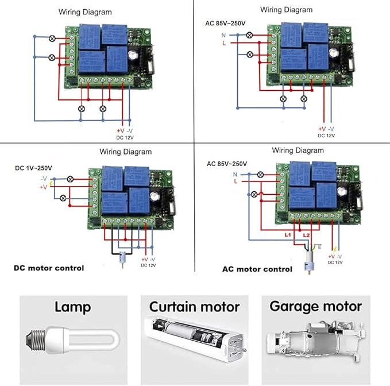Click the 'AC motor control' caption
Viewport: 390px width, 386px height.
coord(257,269)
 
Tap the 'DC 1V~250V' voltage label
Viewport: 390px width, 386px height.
coord(33,168)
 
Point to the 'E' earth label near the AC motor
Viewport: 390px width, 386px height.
coord(312,246)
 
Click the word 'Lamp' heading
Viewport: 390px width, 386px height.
coord(72,307)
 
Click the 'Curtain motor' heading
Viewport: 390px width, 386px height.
coord(194,307)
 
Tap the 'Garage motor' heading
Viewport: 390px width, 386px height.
coord(315,307)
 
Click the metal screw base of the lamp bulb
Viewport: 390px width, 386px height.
coord(35,338)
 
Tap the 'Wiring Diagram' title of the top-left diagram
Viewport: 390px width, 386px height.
coord(85,11)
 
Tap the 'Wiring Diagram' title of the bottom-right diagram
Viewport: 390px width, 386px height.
coord(298,150)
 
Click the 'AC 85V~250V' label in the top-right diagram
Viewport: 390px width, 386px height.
coord(226,24)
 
